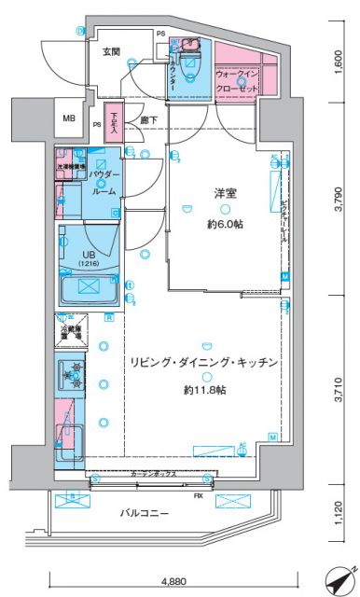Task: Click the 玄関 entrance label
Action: pyautogui.click(x=111, y=49)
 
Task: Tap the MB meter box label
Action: pyautogui.click(x=69, y=118)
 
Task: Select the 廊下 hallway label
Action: pyautogui.click(x=149, y=120)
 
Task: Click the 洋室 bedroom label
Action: pyautogui.click(x=223, y=193)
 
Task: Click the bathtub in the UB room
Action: pyautogui.click(x=88, y=288)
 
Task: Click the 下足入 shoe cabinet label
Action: pyautogui.click(x=112, y=124)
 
